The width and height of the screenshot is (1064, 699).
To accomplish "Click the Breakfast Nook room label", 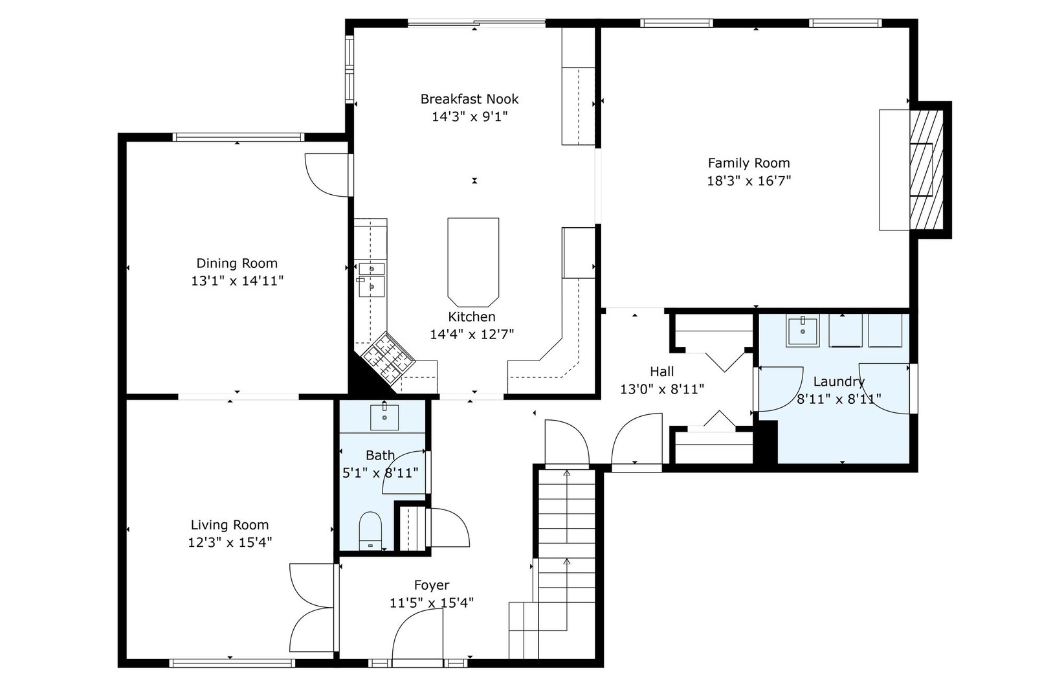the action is (x=469, y=99).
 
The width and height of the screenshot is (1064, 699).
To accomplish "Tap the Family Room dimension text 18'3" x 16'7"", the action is (x=749, y=181).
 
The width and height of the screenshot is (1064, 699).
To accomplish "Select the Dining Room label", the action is (x=237, y=263).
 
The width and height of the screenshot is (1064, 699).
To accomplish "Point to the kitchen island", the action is (x=473, y=262).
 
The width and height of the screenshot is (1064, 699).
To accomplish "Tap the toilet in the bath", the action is (x=370, y=530).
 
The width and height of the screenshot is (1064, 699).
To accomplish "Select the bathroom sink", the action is (x=384, y=417).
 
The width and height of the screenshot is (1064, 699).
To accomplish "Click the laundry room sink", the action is (x=803, y=331).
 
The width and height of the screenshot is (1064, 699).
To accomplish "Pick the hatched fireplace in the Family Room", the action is (x=926, y=170).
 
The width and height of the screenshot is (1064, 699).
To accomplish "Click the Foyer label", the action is (x=432, y=585).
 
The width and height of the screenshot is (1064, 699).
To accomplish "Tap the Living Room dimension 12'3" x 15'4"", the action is (x=230, y=542).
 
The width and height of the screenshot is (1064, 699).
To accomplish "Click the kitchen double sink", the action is (x=371, y=280).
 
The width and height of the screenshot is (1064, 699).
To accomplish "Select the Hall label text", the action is (x=662, y=372).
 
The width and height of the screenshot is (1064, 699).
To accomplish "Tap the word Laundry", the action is (x=839, y=382).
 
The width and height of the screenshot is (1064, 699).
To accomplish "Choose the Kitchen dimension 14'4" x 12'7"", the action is (x=472, y=335).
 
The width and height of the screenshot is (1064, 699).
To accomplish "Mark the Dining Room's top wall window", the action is (x=238, y=137).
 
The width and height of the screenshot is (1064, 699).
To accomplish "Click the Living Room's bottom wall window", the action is (x=232, y=663).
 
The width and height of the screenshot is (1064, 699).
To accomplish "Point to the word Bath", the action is (x=380, y=456).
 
